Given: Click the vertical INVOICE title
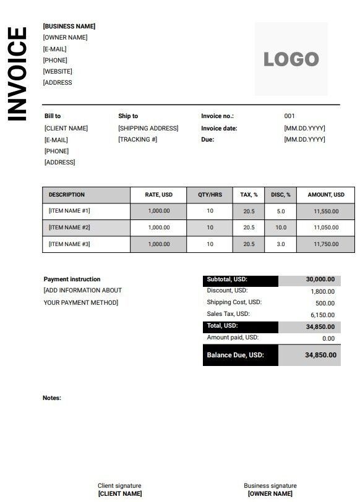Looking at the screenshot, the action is point(17,74).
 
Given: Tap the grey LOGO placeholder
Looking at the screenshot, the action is point(291,59).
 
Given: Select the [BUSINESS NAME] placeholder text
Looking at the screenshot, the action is point(69,27).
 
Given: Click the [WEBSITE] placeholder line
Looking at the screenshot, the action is point(58,71).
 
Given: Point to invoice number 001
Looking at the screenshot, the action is point(289,116).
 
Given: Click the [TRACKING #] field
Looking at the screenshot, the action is point(137,140).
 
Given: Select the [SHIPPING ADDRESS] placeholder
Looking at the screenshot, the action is point(148,128).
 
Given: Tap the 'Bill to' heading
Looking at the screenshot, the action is point(53,116).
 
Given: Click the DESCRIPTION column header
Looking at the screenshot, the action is point(67,195).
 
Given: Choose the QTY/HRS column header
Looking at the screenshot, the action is point(210,195).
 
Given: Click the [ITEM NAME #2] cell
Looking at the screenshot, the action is point(69,228).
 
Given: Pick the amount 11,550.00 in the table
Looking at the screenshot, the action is point(326,211).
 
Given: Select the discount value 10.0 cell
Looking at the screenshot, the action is point(281,228).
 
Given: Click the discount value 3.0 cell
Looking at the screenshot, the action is point(281,244).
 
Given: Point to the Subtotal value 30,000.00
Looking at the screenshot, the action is point(320,279).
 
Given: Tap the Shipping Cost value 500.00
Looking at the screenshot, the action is point(325,304).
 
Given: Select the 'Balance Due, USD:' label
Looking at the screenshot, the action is point(235,355).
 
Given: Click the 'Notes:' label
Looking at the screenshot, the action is point(52,398).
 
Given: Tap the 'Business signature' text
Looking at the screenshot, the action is point(270,486).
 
